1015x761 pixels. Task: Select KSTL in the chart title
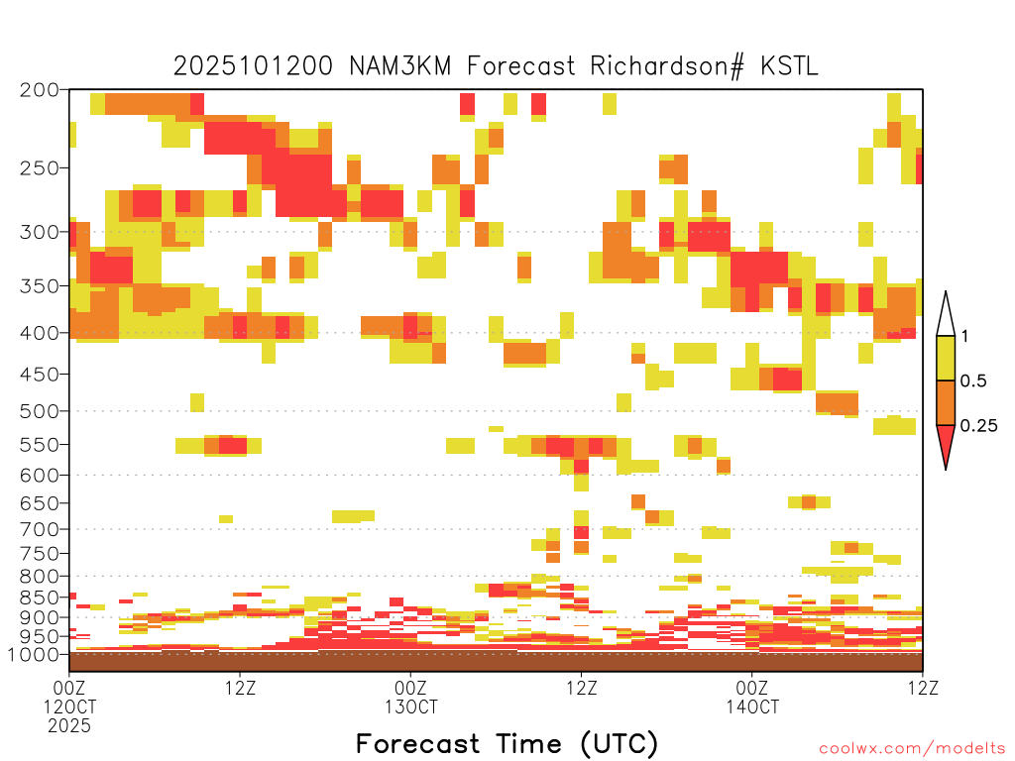[x=790, y=66]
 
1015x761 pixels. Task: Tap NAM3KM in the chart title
[x=400, y=66]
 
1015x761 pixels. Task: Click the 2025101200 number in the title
[x=253, y=66]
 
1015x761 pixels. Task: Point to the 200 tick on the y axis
[x=40, y=90]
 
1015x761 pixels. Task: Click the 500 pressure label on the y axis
[x=40, y=411]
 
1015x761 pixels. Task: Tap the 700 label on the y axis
[x=40, y=529]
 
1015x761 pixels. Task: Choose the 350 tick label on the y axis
[x=40, y=286]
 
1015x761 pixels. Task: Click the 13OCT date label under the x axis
[x=411, y=707]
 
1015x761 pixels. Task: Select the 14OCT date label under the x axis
[x=752, y=707]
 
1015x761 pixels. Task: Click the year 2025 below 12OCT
[x=69, y=726]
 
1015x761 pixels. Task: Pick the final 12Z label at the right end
[x=923, y=688]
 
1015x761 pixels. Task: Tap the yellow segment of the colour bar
[x=946, y=358]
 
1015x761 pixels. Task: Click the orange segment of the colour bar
[x=946, y=402]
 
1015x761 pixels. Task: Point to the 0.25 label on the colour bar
[x=978, y=426]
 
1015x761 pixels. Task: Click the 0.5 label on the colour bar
[x=973, y=381]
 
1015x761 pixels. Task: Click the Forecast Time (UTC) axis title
[x=507, y=744]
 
